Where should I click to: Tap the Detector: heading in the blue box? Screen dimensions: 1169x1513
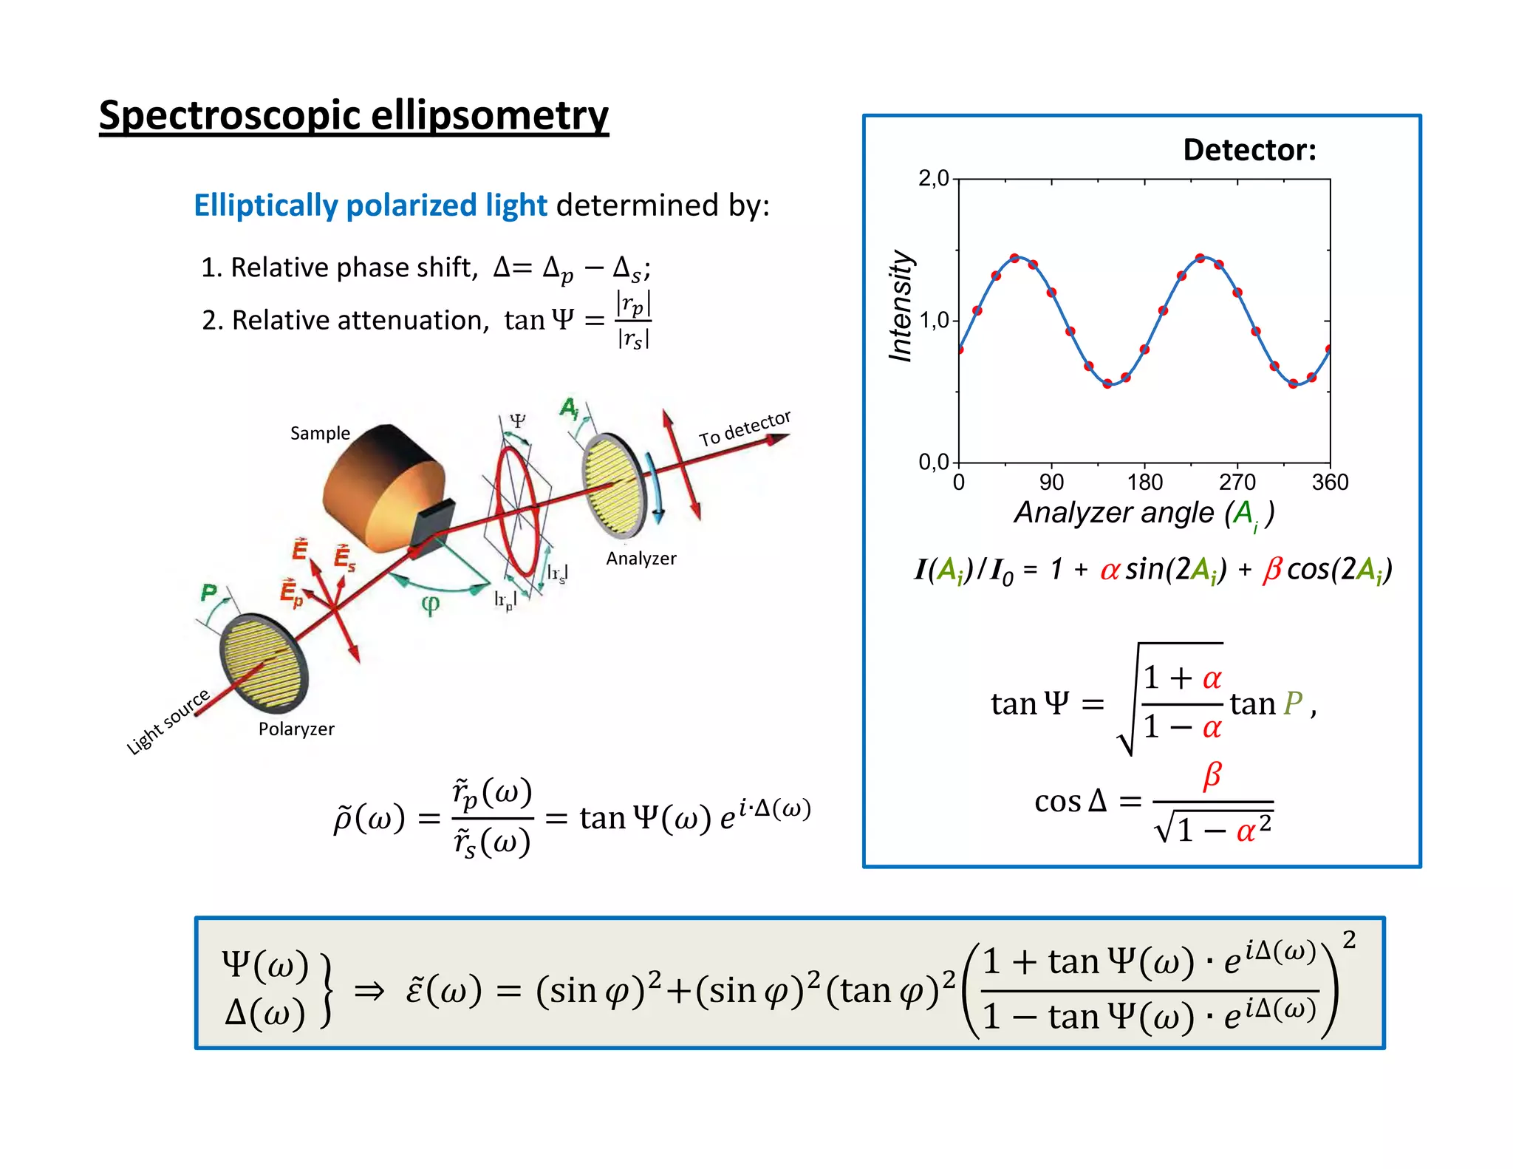click(x=1249, y=150)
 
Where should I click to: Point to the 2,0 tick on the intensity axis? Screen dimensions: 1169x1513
click(x=933, y=178)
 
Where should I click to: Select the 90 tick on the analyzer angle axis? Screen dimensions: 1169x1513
click(x=1051, y=483)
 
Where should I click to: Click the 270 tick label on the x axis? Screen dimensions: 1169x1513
click(x=1237, y=483)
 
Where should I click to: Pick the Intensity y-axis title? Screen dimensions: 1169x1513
click(x=901, y=306)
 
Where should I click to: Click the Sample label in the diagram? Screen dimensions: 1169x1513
click(x=320, y=433)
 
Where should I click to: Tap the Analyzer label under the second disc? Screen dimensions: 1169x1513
click(x=641, y=559)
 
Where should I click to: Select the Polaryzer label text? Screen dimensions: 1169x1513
click(x=296, y=729)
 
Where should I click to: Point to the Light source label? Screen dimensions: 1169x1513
click(x=168, y=721)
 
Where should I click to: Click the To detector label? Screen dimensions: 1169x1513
click(x=745, y=428)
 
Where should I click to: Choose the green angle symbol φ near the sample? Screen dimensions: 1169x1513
click(x=431, y=604)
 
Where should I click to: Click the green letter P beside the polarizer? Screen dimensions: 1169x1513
click(x=209, y=592)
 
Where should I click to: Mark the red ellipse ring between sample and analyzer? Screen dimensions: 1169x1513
click(x=517, y=510)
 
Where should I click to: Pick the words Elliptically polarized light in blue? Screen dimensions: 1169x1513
click(x=370, y=205)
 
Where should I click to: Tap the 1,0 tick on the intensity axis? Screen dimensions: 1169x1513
click(x=933, y=321)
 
